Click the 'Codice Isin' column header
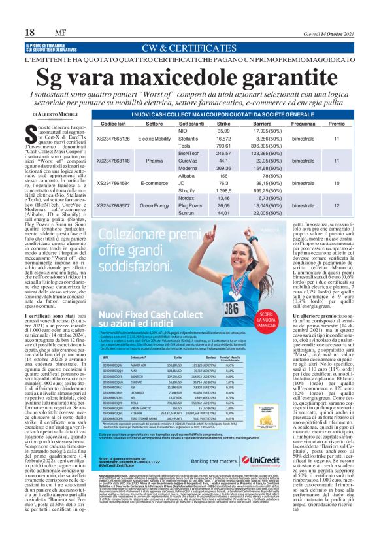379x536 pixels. click(114, 123)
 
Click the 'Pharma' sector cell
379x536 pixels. click(154, 160)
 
